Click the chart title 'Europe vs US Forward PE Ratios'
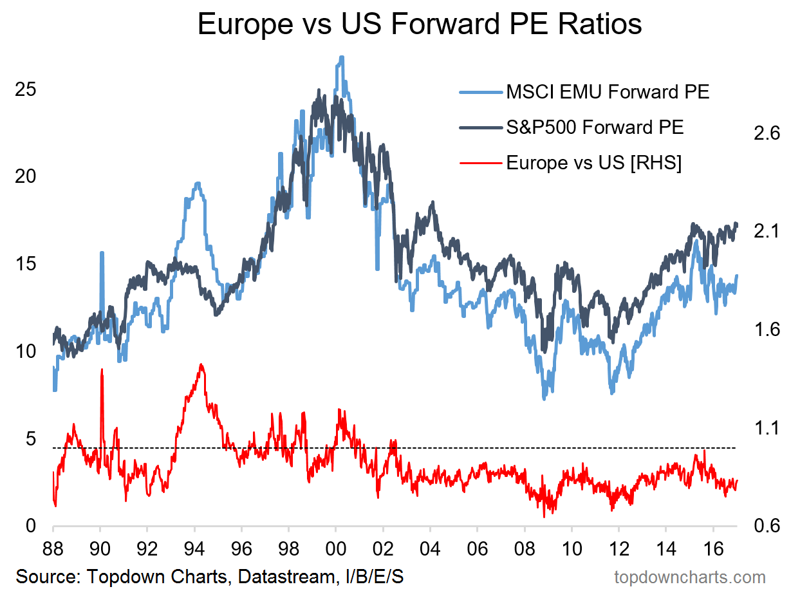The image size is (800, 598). point(419,25)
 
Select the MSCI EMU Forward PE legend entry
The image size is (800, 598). point(607,92)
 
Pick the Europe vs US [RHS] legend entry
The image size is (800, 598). point(593,162)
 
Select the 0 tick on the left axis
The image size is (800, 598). point(30,526)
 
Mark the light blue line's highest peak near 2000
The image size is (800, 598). point(341,57)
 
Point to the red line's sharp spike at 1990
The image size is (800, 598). point(102,370)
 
